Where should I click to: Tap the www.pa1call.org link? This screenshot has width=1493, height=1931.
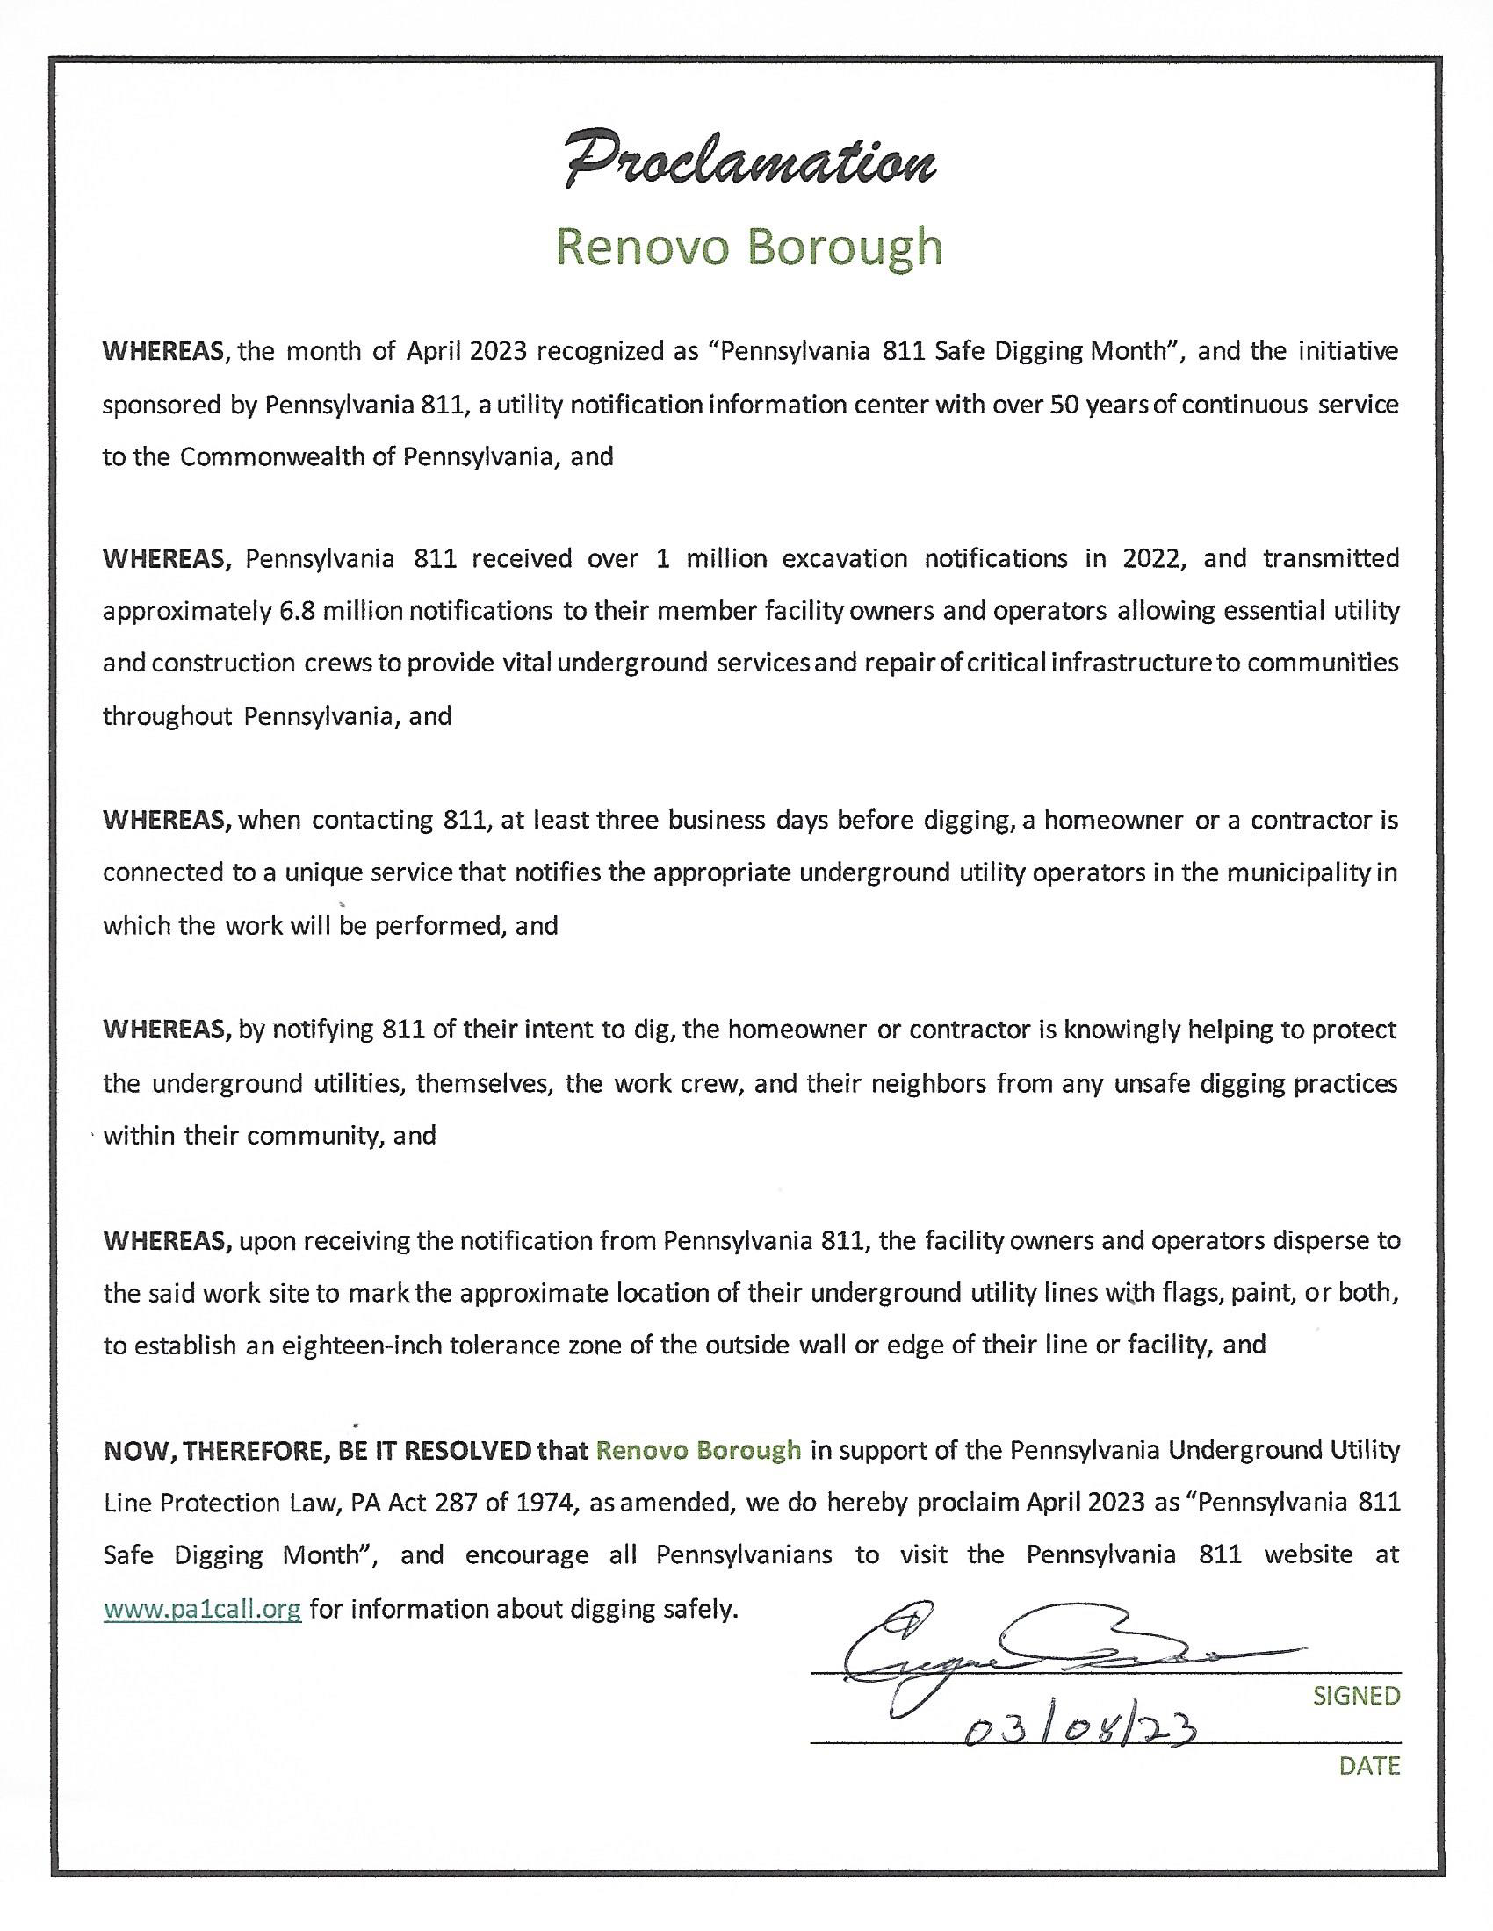203,1608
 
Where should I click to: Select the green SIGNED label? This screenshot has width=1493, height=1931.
1356,1696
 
